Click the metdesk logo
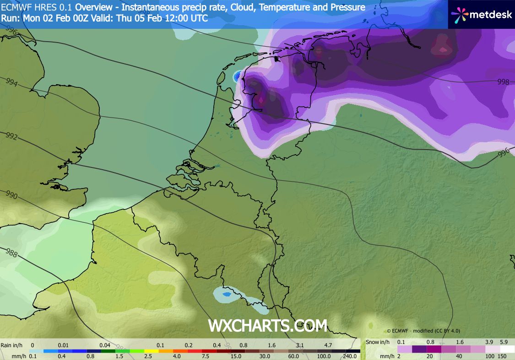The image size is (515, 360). click(481, 14)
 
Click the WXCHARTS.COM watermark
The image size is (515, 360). click(268, 326)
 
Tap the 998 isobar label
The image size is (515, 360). click(503, 82)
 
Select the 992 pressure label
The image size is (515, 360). click(11, 137)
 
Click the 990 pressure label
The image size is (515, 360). click(11, 196)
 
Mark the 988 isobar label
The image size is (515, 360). click(11, 253)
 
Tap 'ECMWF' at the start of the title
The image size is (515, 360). click(15, 7)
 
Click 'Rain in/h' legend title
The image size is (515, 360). click(12, 345)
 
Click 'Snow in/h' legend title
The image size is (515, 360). click(378, 342)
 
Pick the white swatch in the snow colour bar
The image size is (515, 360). click(507, 349)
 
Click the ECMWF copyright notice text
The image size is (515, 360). click(423, 331)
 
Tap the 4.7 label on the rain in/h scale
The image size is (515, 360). click(327, 345)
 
